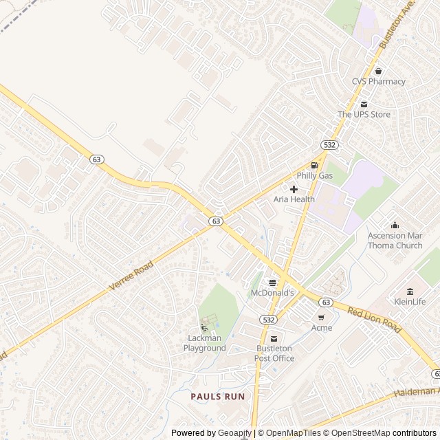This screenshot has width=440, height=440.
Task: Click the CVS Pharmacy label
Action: tap(378, 81)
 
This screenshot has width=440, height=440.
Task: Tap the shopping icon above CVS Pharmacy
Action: tap(378, 71)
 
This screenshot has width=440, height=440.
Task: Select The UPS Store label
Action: tap(363, 114)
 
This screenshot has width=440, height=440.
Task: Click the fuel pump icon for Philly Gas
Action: tap(314, 165)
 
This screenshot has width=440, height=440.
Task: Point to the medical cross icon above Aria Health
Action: tap(294, 188)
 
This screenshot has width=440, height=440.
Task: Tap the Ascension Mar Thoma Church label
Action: tap(395, 241)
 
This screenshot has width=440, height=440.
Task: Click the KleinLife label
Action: tap(410, 302)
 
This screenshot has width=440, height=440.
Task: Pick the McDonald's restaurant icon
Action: tap(272, 283)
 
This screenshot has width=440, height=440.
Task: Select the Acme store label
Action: tap(321, 328)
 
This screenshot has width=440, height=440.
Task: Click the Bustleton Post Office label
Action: tap(274, 353)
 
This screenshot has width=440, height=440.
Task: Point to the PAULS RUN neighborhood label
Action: tap(217, 397)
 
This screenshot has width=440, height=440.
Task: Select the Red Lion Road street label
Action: tap(374, 320)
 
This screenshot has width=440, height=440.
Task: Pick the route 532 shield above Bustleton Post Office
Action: tap(269, 320)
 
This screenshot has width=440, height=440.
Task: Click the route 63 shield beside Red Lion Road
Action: tap(325, 302)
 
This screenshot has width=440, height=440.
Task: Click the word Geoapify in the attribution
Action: tap(234, 433)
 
